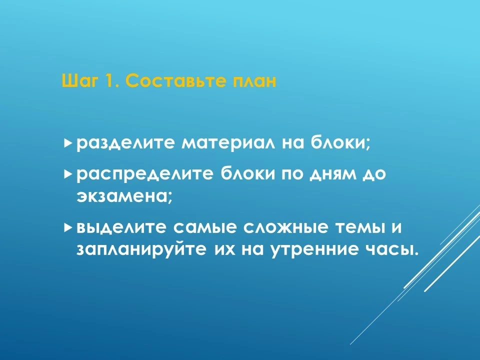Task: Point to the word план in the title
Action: (x=254, y=81)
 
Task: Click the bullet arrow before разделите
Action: (x=68, y=142)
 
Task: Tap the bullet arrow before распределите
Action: (x=68, y=174)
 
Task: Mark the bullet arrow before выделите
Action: (x=68, y=227)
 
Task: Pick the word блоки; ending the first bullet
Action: (x=341, y=142)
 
